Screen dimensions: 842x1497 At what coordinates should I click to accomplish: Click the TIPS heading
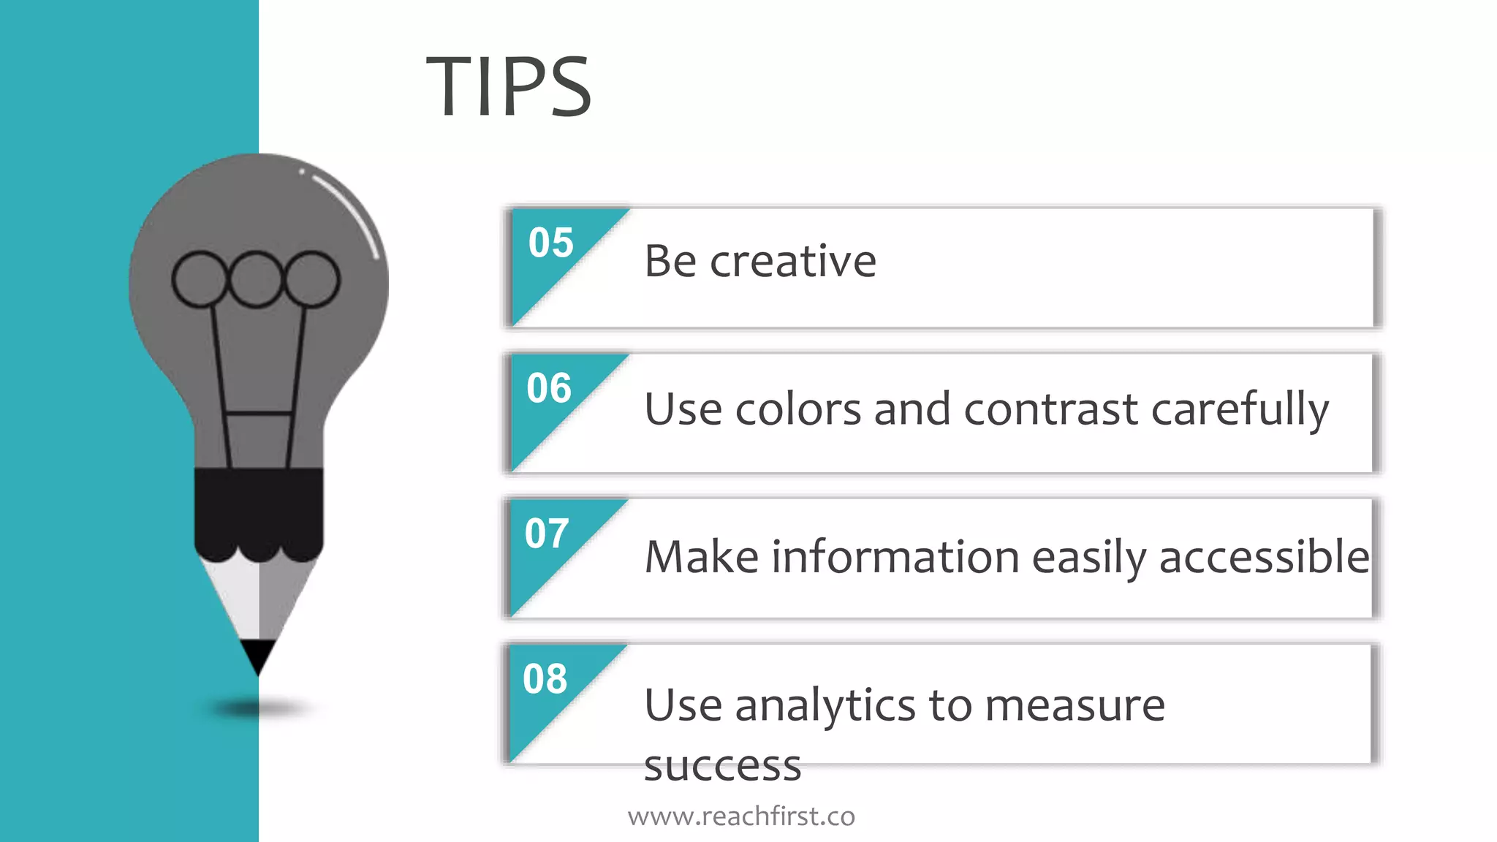tap(509, 87)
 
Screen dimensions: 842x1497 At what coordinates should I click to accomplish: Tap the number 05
tap(551, 243)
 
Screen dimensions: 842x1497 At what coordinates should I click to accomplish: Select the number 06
tap(549, 388)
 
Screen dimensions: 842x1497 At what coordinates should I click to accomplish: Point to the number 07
tap(547, 534)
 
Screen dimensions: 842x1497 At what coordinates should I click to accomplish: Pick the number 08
tap(545, 679)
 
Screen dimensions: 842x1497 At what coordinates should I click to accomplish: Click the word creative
tap(793, 261)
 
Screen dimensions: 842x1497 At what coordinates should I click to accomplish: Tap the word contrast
tap(1050, 409)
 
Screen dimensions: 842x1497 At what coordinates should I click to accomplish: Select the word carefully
tap(1240, 410)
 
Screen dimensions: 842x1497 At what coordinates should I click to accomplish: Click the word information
tap(895, 557)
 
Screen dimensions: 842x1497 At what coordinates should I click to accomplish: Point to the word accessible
tap(1264, 557)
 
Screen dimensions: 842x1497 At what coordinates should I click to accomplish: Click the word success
tap(722, 766)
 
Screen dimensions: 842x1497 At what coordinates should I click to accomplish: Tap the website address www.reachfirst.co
tap(741, 816)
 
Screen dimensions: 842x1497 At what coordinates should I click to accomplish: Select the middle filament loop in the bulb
tap(255, 279)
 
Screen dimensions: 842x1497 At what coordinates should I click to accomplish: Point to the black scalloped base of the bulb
tap(258, 512)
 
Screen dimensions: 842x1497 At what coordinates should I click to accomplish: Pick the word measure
tap(1075, 707)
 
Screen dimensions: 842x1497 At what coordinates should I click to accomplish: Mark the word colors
tap(798, 409)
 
